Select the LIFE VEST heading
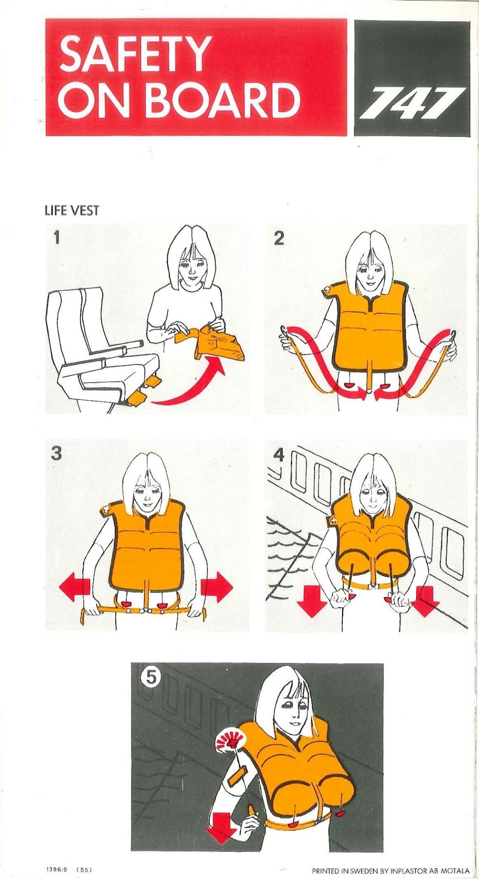[71, 211]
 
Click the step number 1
[57, 237]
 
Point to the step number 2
[279, 238]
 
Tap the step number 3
[56, 454]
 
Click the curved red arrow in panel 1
[196, 394]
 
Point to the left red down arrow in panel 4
[312, 601]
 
